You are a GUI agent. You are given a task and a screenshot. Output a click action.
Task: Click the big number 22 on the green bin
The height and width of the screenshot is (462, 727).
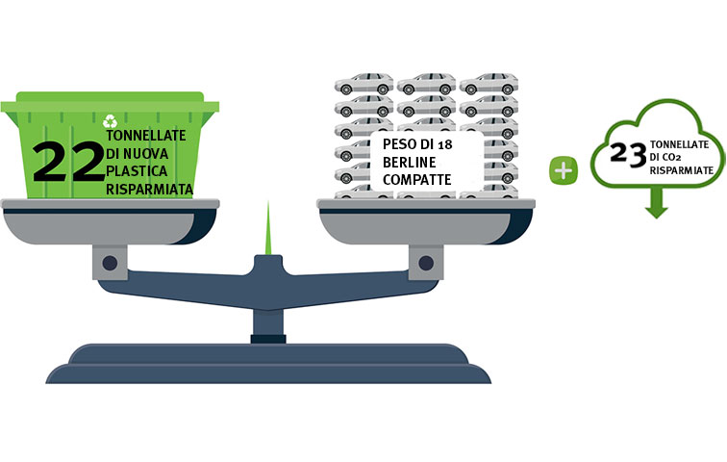[68, 162]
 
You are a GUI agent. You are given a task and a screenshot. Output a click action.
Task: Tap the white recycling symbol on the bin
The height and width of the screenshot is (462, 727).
[110, 121]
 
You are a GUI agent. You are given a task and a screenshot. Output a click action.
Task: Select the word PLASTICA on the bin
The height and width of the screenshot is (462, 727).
[137, 171]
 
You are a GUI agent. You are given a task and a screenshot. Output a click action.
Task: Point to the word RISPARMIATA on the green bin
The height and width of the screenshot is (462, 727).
[149, 190]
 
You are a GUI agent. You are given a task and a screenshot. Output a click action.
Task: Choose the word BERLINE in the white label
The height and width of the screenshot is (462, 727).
[410, 163]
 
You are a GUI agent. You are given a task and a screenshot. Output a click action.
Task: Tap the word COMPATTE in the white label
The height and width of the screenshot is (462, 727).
[416, 180]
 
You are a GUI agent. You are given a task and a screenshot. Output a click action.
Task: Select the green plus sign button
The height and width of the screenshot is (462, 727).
[564, 171]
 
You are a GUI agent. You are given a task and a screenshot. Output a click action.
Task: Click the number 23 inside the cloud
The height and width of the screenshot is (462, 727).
[628, 154]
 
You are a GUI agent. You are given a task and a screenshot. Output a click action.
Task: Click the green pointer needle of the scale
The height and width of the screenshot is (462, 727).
[268, 228]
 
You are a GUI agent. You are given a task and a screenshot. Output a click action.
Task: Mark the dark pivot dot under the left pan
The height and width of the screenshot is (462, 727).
[110, 263]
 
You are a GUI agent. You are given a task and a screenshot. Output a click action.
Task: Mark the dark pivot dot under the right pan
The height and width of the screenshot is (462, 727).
[426, 263]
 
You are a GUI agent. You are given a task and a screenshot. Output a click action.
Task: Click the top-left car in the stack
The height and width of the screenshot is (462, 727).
[363, 84]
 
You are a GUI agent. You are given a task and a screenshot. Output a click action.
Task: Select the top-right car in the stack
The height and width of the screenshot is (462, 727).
[489, 84]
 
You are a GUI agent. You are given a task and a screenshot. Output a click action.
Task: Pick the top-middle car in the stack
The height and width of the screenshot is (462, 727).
[427, 84]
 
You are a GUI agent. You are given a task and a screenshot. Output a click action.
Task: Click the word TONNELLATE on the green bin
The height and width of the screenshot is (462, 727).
[146, 136]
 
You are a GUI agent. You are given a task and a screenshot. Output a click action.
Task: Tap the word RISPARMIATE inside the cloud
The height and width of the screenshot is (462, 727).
[682, 170]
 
